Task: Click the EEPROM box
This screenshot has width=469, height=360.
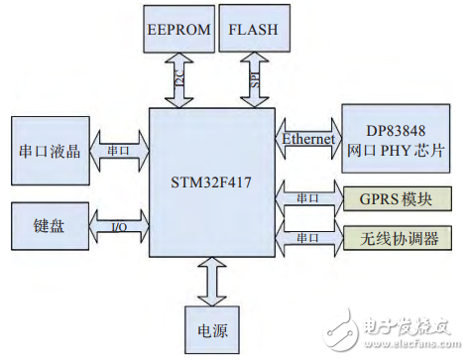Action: pos(178,29)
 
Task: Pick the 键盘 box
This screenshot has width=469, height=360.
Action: pos(48,225)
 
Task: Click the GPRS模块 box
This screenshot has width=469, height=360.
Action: pos(395,197)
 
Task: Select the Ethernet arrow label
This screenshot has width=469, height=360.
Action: pos(310,139)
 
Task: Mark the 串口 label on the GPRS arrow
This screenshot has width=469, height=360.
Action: pos(307,197)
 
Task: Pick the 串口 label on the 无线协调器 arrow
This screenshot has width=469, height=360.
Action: pos(307,238)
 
